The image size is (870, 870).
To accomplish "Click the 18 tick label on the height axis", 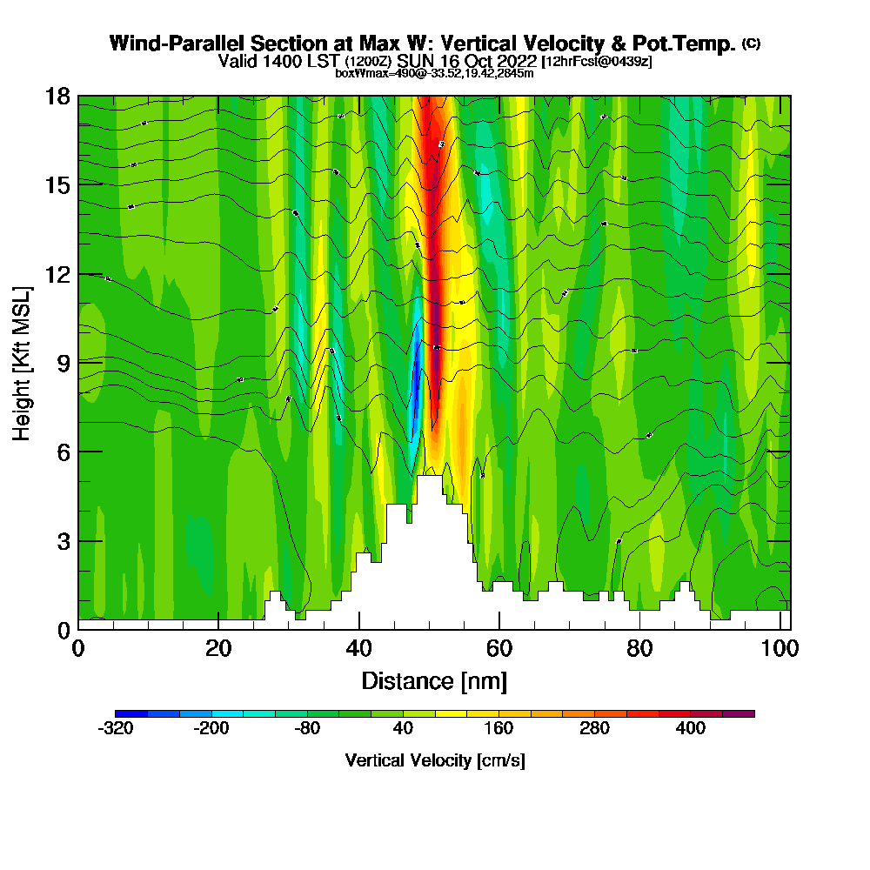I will point(57,96).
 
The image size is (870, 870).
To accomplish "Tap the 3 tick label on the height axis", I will point(64,540).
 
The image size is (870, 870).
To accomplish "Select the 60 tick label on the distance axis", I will point(499,649).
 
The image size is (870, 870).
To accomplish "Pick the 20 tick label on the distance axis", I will point(218,649).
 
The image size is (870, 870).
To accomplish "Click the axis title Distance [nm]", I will point(434,680).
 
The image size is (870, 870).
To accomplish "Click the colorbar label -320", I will point(116,729).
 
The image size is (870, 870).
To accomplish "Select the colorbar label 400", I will point(691,729).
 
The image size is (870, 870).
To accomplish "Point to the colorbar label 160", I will point(499,729).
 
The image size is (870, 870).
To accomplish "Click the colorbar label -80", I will point(307,729).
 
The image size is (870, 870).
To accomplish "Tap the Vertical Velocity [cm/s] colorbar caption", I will point(434,760).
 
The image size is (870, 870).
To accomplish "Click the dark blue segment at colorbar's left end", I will point(131,713).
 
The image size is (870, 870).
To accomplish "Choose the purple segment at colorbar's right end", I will point(739,713).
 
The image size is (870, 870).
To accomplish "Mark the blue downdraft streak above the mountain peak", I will point(418,383).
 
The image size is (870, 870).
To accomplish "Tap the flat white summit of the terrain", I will point(429,487).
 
